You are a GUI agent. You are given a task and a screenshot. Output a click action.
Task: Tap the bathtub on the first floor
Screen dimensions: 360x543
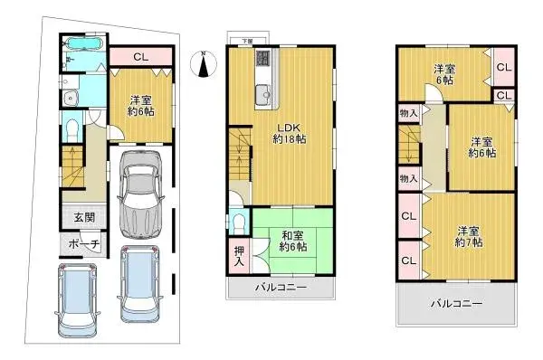84,43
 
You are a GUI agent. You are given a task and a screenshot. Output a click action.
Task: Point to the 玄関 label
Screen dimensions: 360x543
84,218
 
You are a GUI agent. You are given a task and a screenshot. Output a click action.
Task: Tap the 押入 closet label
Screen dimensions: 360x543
239,256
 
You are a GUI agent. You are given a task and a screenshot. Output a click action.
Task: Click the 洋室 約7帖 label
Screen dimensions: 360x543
468,236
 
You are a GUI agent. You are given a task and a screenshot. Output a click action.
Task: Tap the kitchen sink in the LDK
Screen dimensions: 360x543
262,90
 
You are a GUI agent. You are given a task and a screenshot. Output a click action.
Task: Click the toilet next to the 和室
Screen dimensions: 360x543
239,221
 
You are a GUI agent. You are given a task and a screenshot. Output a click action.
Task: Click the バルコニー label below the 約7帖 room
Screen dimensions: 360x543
455,304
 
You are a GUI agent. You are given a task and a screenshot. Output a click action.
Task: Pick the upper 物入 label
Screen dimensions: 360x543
408,113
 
